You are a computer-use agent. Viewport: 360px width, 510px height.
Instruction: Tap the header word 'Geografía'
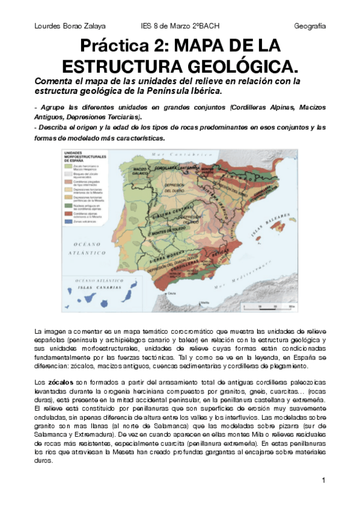[310, 26]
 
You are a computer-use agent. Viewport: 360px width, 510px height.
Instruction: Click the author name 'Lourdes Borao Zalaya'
[70, 26]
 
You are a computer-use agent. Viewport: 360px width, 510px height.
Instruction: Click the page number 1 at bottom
[323, 480]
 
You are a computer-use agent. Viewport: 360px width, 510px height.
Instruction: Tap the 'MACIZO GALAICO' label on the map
[139, 172]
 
